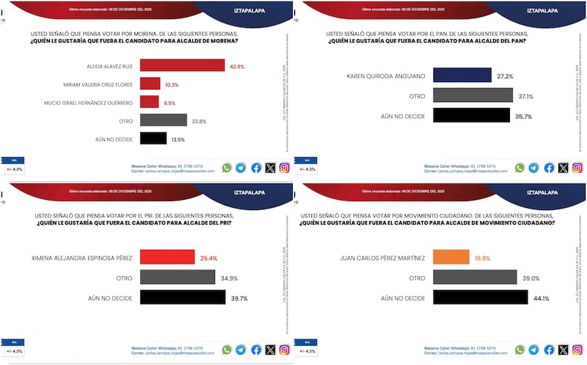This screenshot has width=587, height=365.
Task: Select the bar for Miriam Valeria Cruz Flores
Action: point(150,84)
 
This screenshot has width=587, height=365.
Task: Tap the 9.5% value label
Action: point(169,102)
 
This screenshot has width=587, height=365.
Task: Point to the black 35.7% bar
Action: point(471,115)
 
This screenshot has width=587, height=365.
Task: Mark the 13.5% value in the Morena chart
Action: point(177,138)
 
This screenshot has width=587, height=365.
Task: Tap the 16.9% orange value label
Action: point(482,258)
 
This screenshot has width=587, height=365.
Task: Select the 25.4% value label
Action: point(208,257)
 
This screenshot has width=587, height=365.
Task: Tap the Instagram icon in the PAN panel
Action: point(577,167)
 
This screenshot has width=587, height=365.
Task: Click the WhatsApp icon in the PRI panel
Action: point(226,350)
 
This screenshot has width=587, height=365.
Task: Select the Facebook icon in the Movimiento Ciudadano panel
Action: point(549,350)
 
